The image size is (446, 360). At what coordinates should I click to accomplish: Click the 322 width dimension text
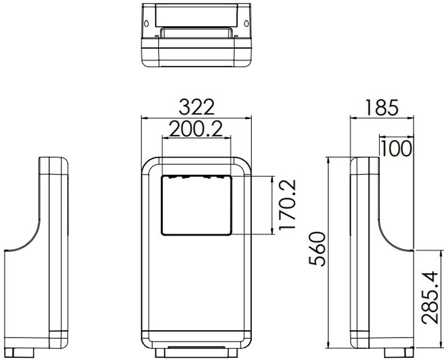196,107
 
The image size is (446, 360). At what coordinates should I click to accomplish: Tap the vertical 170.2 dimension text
287,205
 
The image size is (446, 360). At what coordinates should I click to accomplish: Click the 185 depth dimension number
381,107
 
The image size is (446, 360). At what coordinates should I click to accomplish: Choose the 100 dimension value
396,149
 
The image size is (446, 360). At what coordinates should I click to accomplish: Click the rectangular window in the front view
196,205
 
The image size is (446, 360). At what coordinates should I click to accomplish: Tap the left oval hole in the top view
146,24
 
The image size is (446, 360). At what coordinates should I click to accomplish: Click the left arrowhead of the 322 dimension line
144,118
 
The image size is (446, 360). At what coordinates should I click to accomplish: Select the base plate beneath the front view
196,353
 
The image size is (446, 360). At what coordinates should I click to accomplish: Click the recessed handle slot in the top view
196,32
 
